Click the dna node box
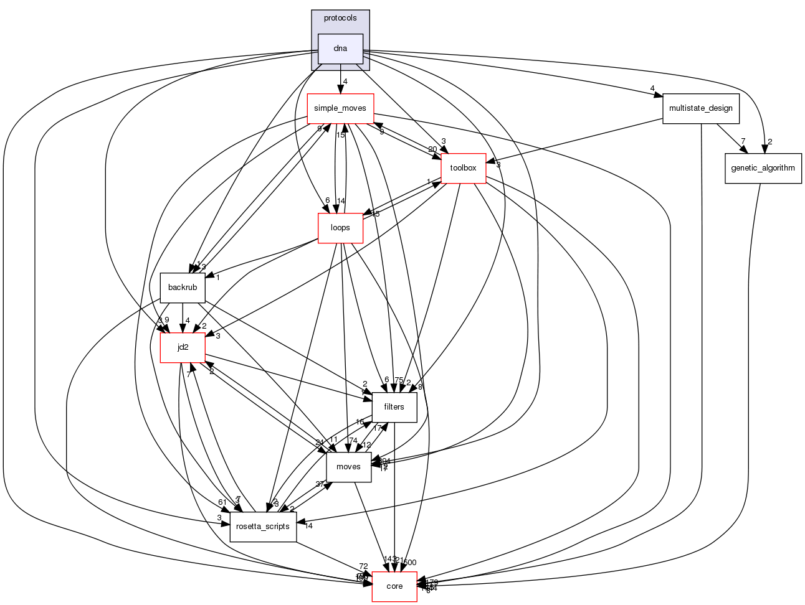(340, 49)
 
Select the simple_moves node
(340, 108)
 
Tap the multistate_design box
(701, 108)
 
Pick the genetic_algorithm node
(763, 168)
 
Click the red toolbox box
(463, 168)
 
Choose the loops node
(340, 228)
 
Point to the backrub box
(183, 288)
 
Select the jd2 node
(183, 347)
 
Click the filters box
(394, 407)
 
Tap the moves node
(348, 467)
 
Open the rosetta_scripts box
(263, 527)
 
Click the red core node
(394, 586)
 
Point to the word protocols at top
(340, 18)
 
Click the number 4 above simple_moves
(345, 82)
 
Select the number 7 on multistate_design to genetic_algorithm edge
(743, 141)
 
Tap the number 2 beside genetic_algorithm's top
(770, 141)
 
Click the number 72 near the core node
(363, 566)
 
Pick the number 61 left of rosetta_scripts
(222, 502)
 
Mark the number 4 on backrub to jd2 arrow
(187, 321)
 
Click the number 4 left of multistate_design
(652, 88)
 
